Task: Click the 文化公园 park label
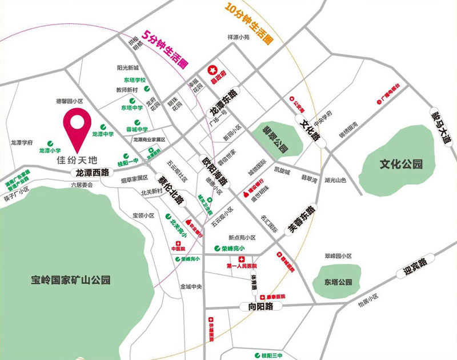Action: (x=402, y=165)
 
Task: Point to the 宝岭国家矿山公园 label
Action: (x=71, y=280)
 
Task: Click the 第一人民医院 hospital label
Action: (x=242, y=266)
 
